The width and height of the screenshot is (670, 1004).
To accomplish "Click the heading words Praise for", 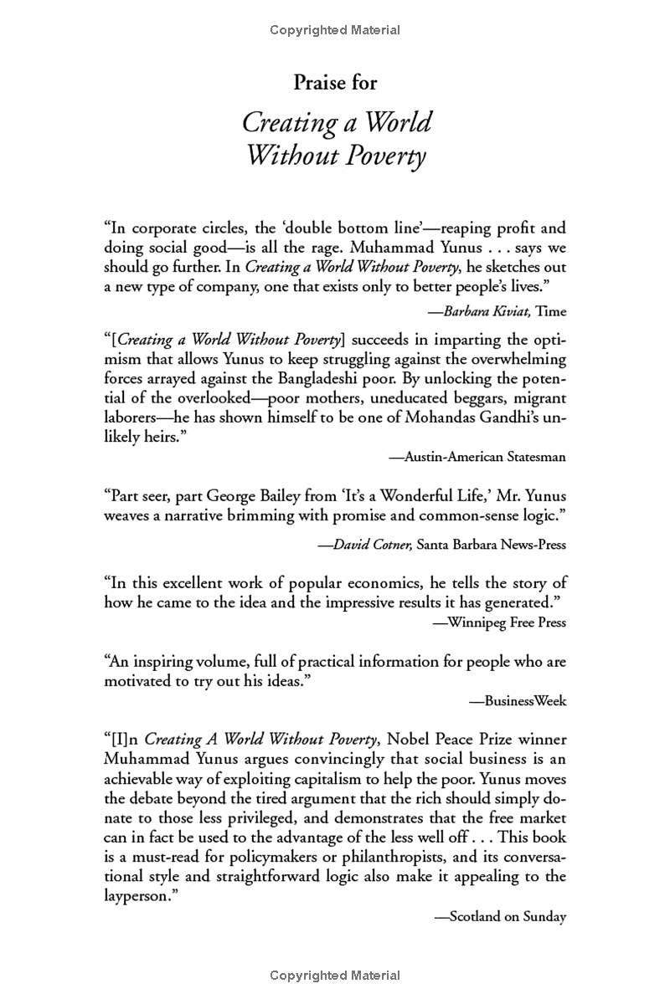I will (335, 82).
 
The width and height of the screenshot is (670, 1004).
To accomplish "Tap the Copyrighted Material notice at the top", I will (335, 30).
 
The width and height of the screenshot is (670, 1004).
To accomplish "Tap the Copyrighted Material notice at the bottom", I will (335, 976).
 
